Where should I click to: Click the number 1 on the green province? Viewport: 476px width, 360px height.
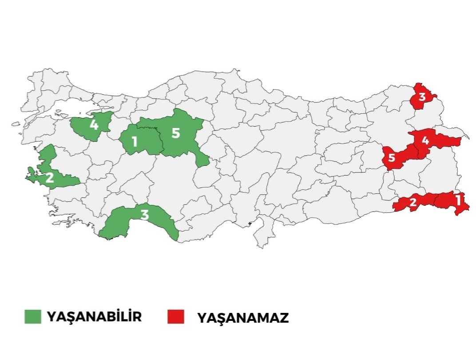(x=134, y=143)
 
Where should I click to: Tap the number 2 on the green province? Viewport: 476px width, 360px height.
(x=49, y=178)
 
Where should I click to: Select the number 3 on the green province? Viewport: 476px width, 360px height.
(x=145, y=215)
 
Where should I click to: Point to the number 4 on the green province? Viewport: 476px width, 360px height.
(x=94, y=124)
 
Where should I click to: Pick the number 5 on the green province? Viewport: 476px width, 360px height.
(x=176, y=133)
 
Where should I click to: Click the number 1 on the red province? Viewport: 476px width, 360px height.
(x=458, y=200)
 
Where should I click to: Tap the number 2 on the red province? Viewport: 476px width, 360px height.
(x=413, y=203)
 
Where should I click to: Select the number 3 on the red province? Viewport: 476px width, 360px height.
(x=422, y=97)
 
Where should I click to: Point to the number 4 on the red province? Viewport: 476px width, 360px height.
(x=425, y=141)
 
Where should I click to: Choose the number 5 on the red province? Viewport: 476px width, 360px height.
(x=392, y=158)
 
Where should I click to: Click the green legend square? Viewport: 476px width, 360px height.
(x=32, y=316)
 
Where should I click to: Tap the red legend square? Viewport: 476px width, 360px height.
(x=175, y=316)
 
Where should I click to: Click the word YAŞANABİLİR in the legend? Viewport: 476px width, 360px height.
(x=94, y=317)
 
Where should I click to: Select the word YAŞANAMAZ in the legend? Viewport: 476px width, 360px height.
(x=243, y=318)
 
